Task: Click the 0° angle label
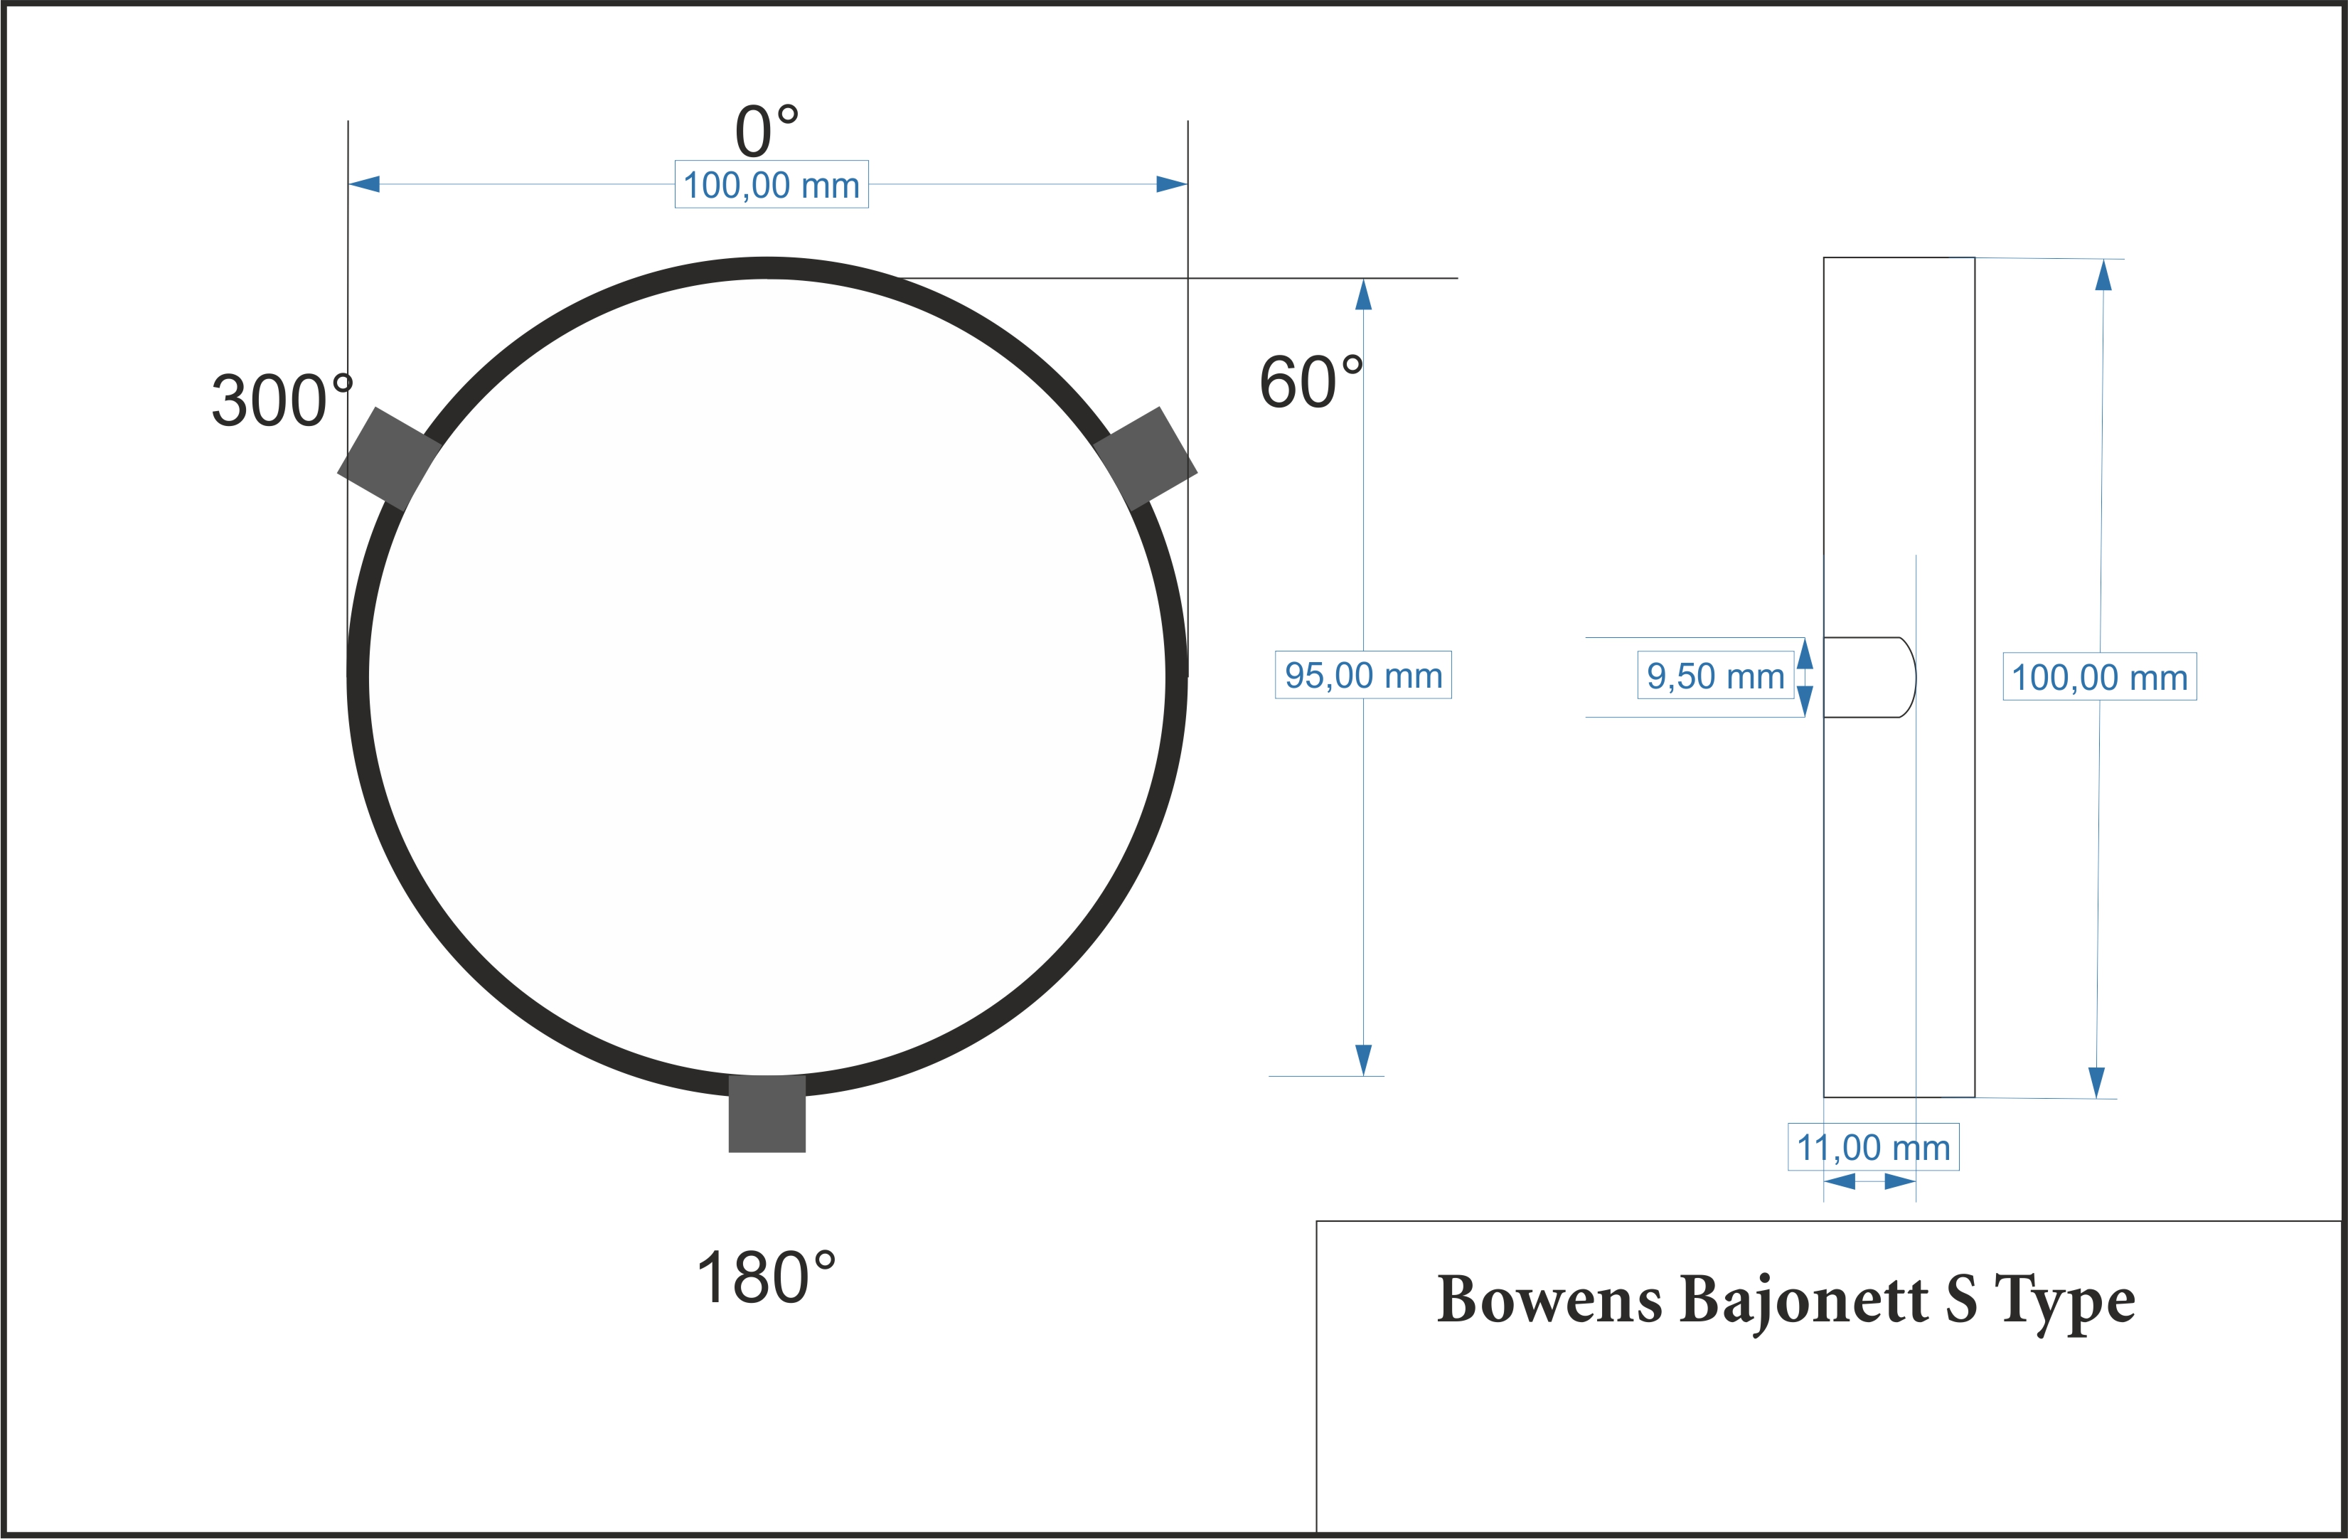click(767, 130)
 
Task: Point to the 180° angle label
click(767, 1277)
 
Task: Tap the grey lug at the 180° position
click(767, 1114)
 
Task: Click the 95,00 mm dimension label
click(1363, 676)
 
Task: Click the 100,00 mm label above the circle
click(772, 184)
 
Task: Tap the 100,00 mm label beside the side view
click(2099, 678)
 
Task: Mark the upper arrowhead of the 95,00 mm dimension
click(1363, 294)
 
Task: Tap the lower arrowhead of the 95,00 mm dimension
click(1363, 1060)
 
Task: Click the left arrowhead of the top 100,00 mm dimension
click(364, 184)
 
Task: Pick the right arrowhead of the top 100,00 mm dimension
click(1172, 184)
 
